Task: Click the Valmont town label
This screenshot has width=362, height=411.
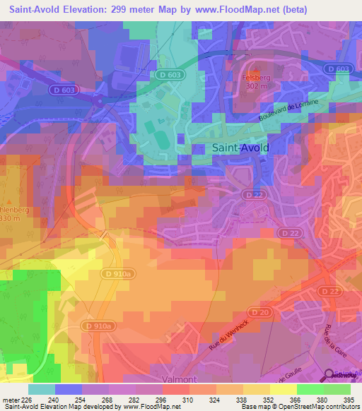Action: tap(180, 379)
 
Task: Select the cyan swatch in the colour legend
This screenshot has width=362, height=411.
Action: tap(42, 389)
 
